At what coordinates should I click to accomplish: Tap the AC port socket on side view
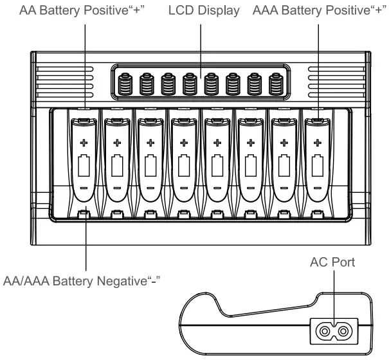point(334,332)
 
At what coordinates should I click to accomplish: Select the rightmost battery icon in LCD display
point(276,84)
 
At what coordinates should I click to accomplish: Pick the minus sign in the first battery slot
point(84,187)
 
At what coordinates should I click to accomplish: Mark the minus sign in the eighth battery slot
point(316,187)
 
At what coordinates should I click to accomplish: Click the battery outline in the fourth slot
point(183,165)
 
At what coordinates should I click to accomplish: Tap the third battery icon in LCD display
point(168,84)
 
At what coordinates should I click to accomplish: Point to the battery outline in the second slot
point(117,165)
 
